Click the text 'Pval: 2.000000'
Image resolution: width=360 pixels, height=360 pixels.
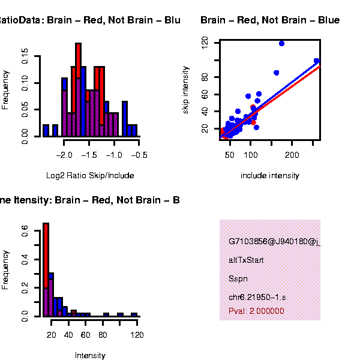pyautogui.click(x=256, y=311)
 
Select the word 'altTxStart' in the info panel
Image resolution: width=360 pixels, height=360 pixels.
pyautogui.click(x=246, y=260)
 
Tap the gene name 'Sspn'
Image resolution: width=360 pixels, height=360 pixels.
pyautogui.click(x=238, y=279)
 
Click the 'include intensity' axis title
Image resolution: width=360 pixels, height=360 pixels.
pyautogui.click(x=269, y=176)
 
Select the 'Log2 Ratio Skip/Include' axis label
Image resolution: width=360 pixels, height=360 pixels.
pyautogui.click(x=90, y=176)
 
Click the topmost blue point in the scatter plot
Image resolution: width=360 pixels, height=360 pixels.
pyautogui.click(x=281, y=43)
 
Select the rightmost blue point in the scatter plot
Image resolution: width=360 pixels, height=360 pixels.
pyautogui.click(x=316, y=61)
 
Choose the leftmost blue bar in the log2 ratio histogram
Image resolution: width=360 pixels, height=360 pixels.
pyautogui.click(x=46, y=130)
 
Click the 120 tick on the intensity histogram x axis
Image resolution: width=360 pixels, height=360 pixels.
pyautogui.click(x=137, y=334)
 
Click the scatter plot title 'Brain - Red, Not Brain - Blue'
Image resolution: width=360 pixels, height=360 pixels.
pyautogui.click(x=270, y=20)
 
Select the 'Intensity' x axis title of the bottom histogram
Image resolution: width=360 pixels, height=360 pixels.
pyautogui.click(x=90, y=355)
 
